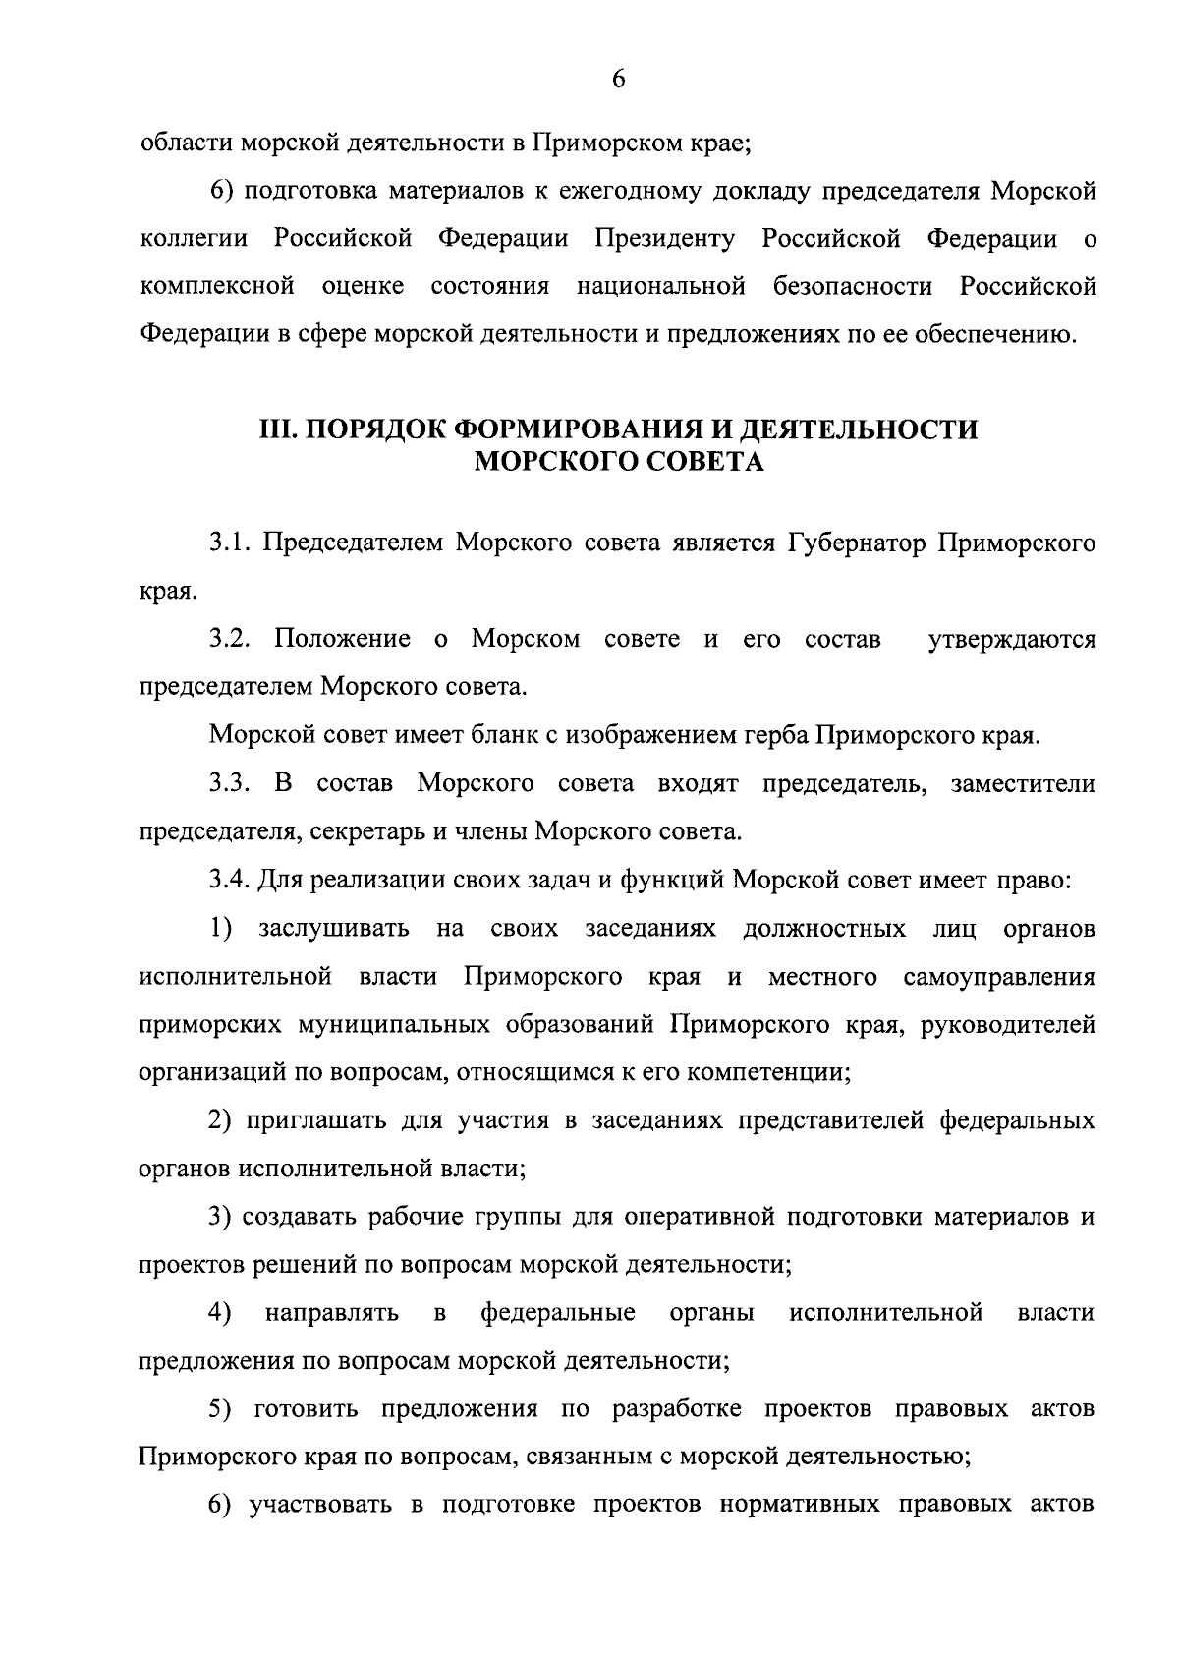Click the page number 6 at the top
618,81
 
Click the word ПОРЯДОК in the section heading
370,429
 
